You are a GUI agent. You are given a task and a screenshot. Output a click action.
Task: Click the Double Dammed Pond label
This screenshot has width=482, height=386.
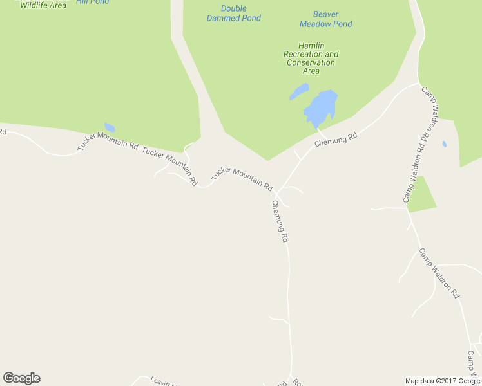pyautogui.click(x=233, y=14)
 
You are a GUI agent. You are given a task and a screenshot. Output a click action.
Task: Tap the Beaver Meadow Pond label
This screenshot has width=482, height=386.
pyautogui.click(x=325, y=19)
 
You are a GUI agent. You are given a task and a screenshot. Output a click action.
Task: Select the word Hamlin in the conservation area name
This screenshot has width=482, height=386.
pyautogui.click(x=311, y=46)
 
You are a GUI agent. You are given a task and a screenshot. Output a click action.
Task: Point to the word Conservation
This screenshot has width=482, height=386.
pyautogui.click(x=311, y=62)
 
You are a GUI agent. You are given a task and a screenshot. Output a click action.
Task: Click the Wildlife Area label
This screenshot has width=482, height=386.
pyautogui.click(x=43, y=5)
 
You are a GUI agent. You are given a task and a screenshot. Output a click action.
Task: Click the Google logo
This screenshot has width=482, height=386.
pyautogui.click(x=21, y=378)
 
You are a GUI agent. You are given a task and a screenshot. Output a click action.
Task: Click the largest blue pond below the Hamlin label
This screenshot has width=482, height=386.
pyautogui.click(x=321, y=108)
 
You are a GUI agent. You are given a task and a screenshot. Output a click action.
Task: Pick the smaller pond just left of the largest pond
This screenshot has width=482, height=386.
pyautogui.click(x=298, y=92)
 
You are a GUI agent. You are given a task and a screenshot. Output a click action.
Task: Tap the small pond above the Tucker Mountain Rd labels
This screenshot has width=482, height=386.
pyautogui.click(x=110, y=127)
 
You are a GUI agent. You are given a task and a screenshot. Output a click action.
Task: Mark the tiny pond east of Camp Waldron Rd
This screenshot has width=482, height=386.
pyautogui.click(x=444, y=144)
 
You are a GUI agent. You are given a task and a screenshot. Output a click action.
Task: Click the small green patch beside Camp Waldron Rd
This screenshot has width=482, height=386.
pyautogui.click(x=421, y=195)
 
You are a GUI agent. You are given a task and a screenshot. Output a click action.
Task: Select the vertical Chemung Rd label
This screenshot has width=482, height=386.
pyautogui.click(x=280, y=221)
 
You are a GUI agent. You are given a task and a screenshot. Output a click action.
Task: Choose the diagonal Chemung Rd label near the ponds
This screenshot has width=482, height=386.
pyautogui.click(x=336, y=139)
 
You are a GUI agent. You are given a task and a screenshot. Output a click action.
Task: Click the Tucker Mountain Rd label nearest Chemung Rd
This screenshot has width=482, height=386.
pyautogui.click(x=242, y=178)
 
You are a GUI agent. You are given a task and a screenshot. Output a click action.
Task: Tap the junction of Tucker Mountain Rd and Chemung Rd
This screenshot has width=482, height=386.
pyautogui.click(x=277, y=192)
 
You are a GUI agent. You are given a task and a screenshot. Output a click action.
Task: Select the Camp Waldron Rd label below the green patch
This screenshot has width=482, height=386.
pyautogui.click(x=439, y=273)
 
